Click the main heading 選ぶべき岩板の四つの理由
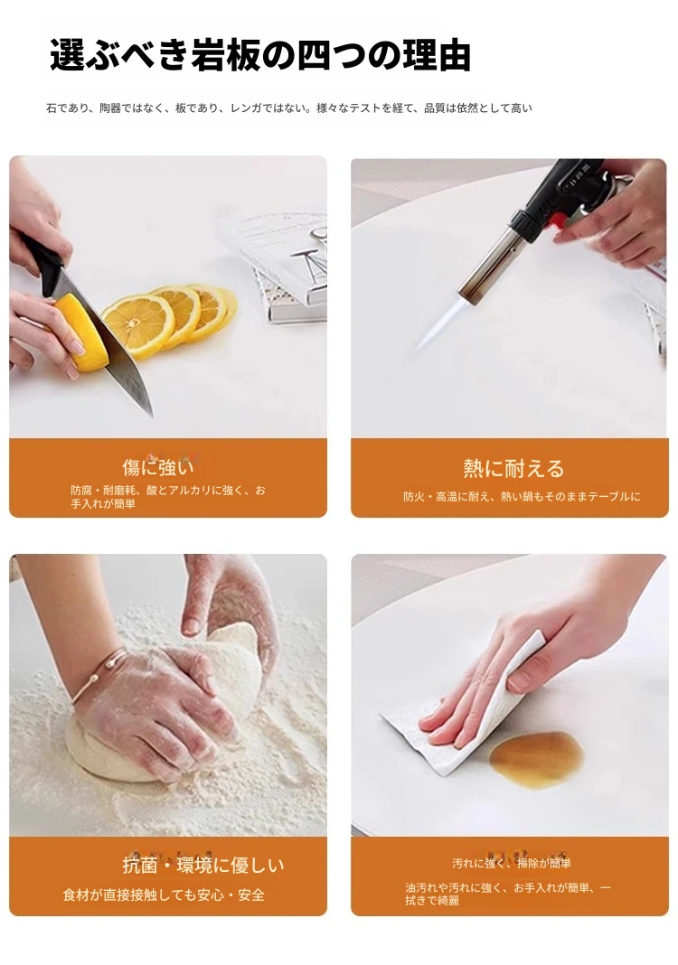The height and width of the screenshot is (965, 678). tap(260, 55)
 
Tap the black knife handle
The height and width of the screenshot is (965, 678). tap(45, 264)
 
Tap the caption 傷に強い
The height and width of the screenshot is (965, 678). tap(158, 468)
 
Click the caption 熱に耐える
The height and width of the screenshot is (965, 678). tap(513, 469)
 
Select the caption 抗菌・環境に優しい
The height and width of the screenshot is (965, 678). tap(203, 866)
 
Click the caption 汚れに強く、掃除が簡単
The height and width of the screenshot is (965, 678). tap(511, 864)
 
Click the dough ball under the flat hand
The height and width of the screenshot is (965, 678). tap(113, 754)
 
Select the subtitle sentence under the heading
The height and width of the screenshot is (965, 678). tap(288, 108)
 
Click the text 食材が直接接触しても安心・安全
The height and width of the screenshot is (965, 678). tap(164, 895)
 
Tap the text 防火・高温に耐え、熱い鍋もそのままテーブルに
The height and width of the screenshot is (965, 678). tap(522, 497)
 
